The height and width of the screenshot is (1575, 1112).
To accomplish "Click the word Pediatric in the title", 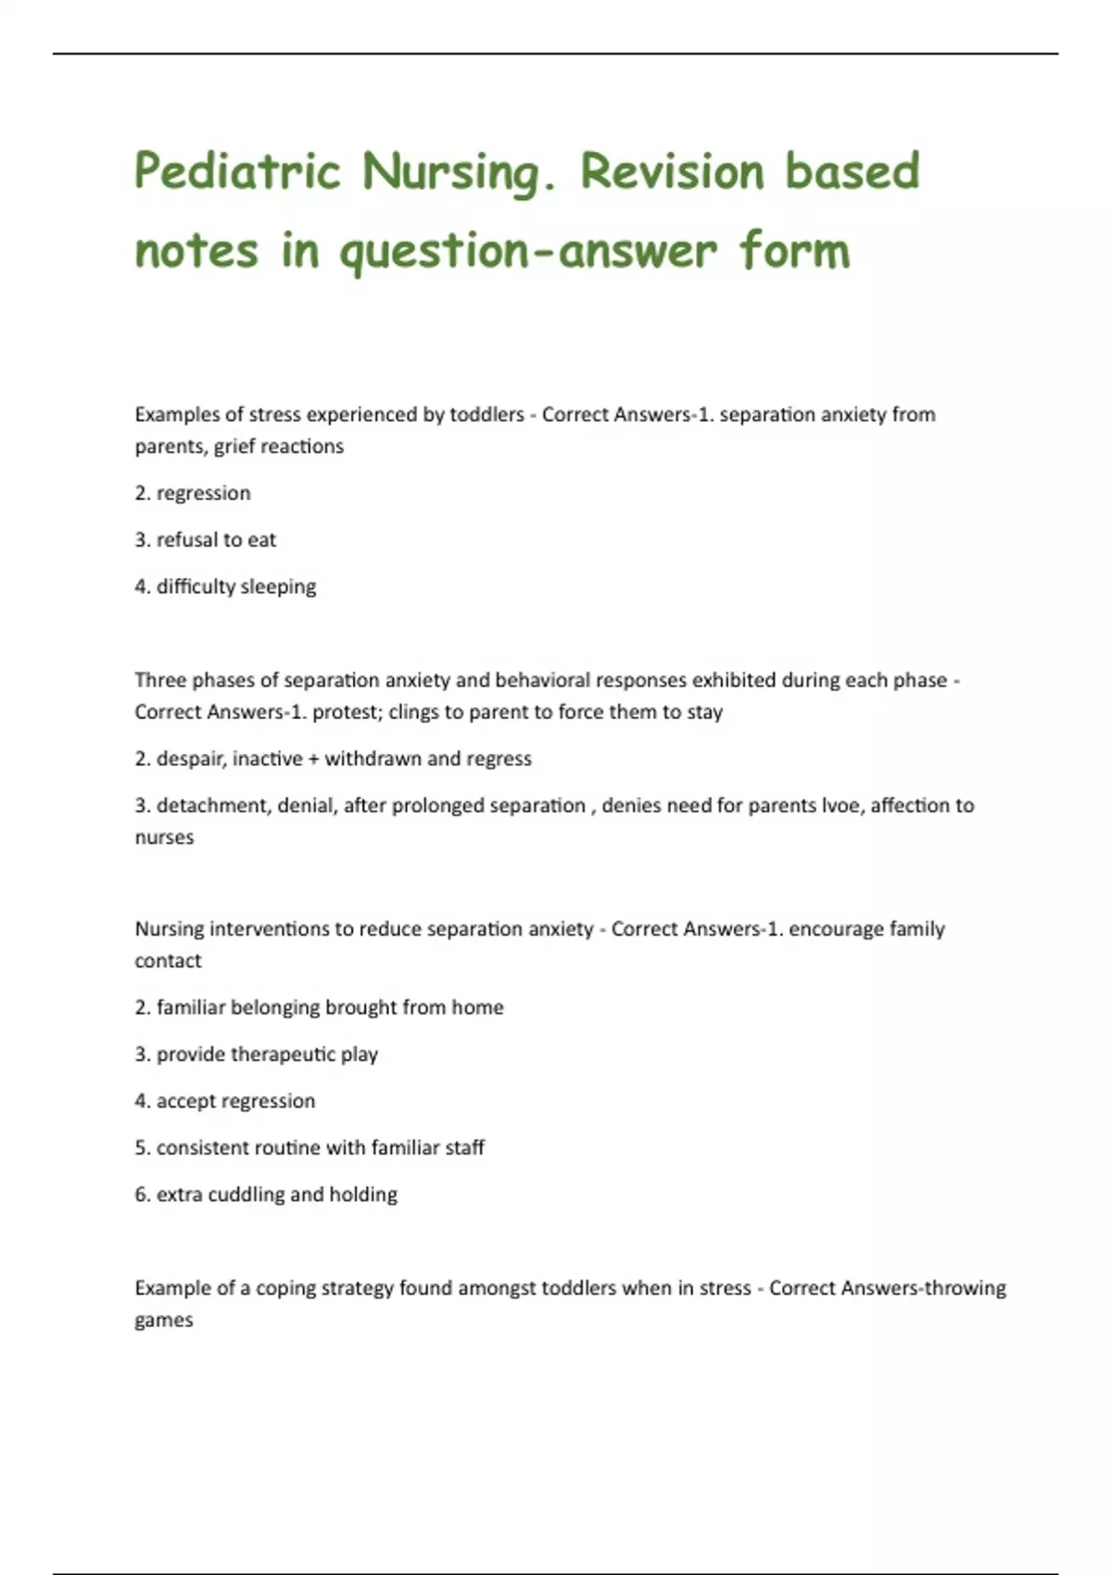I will pyautogui.click(x=237, y=172).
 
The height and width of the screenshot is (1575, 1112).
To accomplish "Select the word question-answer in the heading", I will pyautogui.click(x=528, y=252).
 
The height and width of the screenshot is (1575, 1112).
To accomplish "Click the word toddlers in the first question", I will pyautogui.click(x=486, y=415).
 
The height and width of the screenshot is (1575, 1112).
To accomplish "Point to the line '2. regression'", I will pyautogui.click(x=193, y=493).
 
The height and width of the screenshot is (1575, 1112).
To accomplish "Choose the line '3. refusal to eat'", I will pyautogui.click(x=206, y=540).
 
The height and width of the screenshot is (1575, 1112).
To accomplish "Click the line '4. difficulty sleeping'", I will pyautogui.click(x=225, y=586).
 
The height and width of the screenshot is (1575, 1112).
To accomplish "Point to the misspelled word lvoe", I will pyautogui.click(x=840, y=806).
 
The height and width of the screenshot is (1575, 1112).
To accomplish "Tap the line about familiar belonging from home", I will pyautogui.click(x=319, y=1008).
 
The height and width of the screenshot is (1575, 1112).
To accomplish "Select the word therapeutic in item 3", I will pyautogui.click(x=283, y=1054).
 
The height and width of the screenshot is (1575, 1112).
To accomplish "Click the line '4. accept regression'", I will pyautogui.click(x=225, y=1102).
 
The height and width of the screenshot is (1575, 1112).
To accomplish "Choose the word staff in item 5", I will pyautogui.click(x=464, y=1148).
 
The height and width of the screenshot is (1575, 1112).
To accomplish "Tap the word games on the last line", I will pyautogui.click(x=164, y=1320).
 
